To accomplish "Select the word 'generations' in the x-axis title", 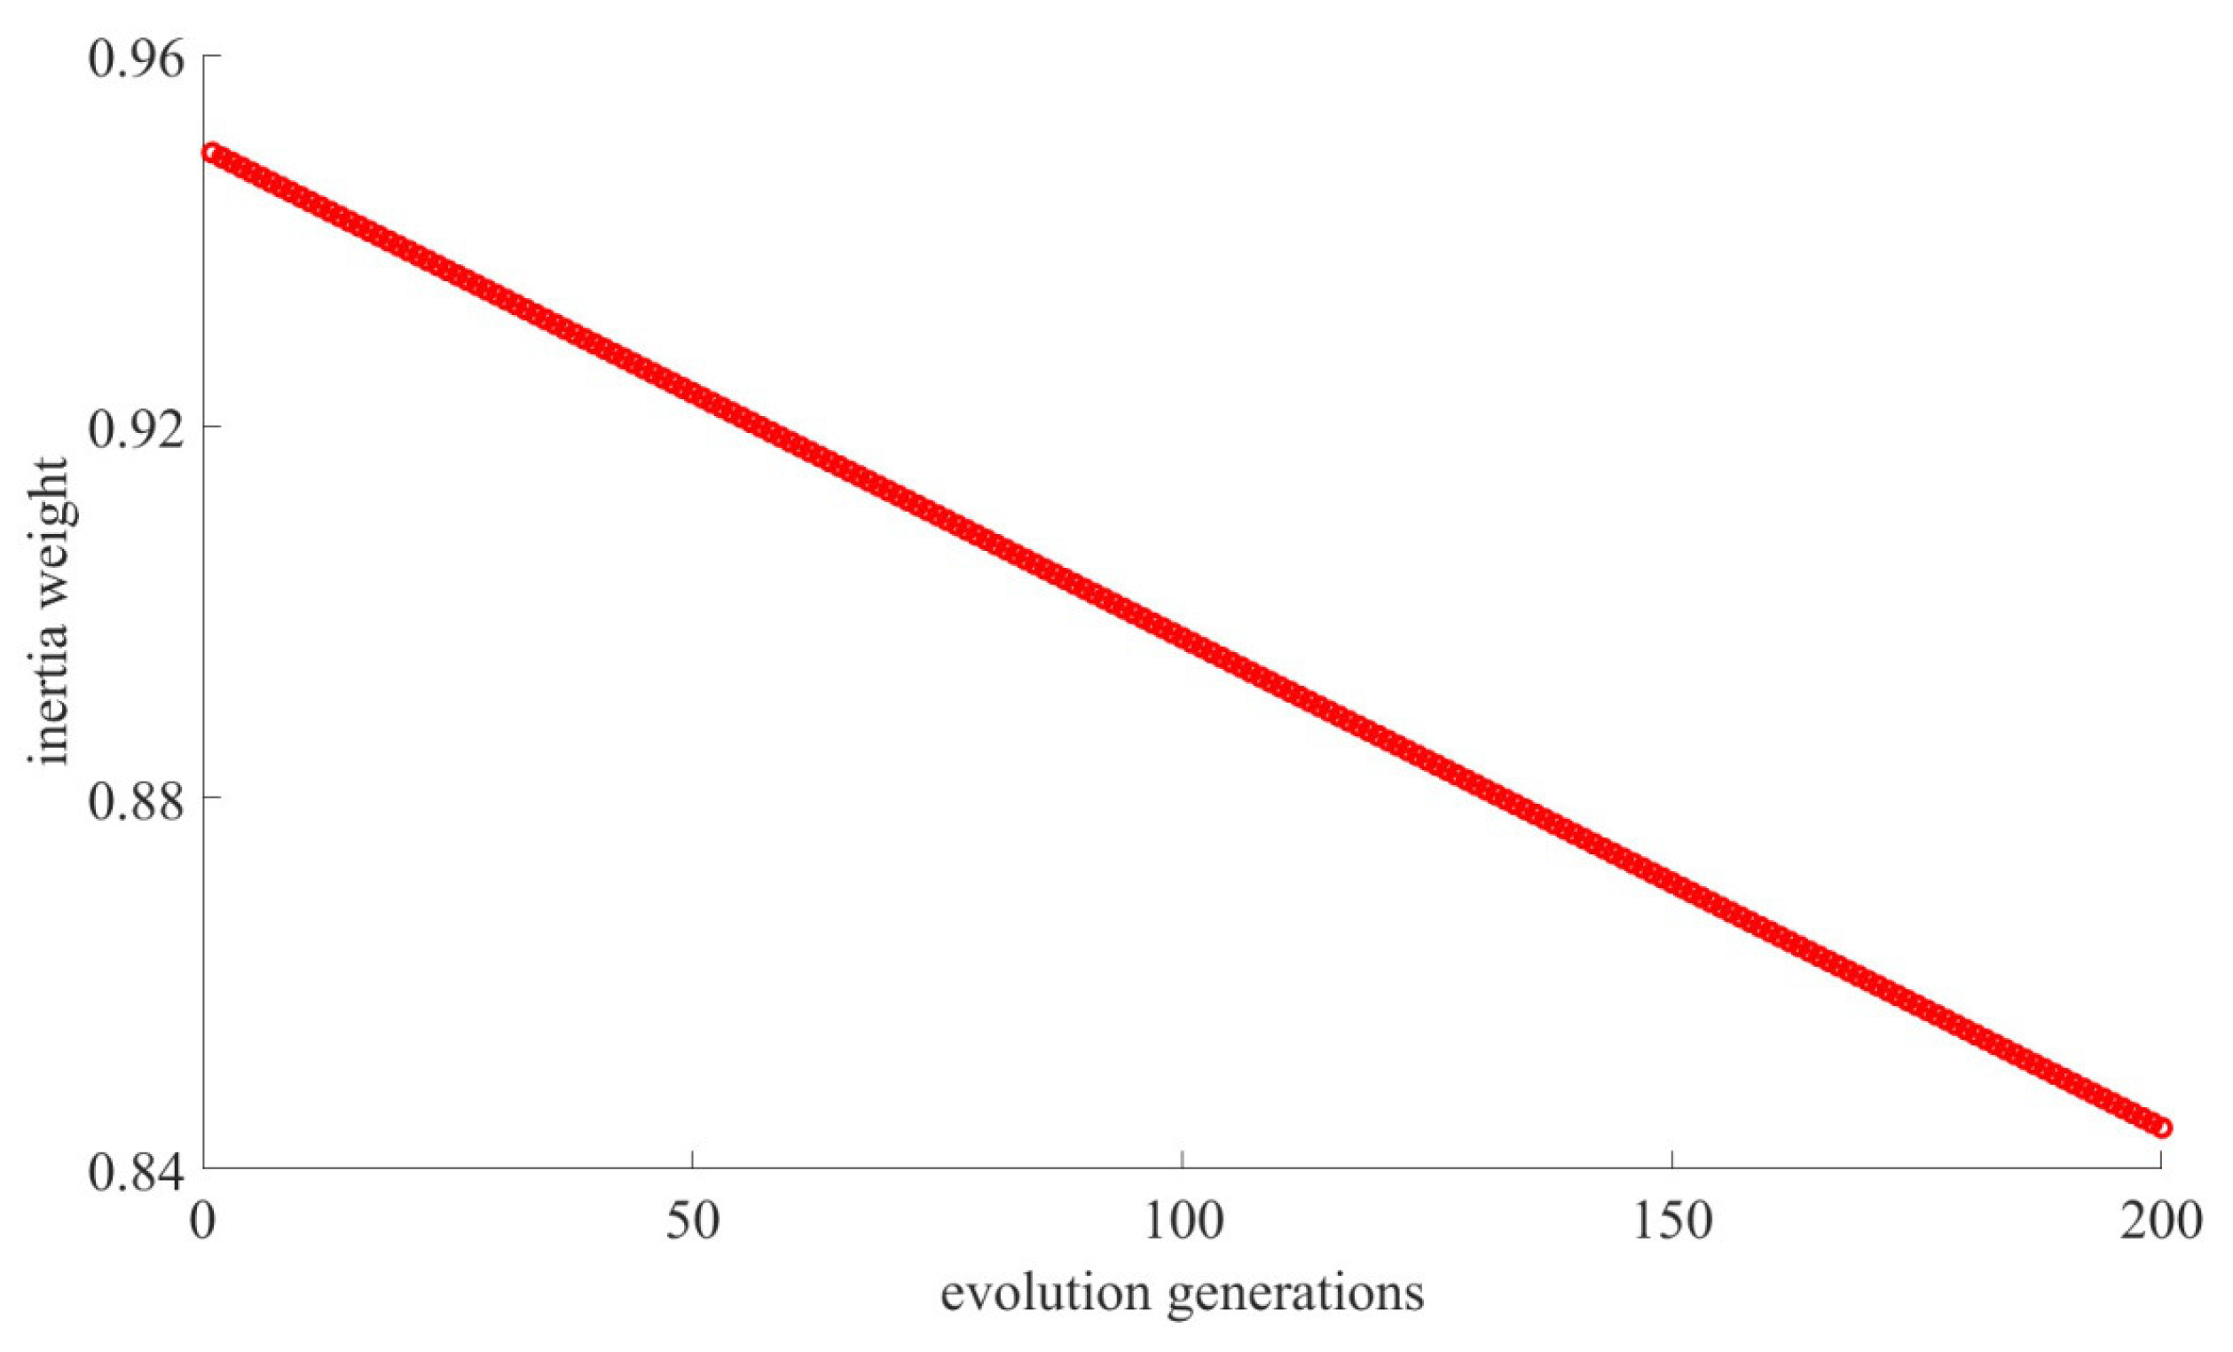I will tap(1295, 1294).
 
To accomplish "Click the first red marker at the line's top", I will tap(211, 153).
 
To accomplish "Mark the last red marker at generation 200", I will tap(2163, 1128).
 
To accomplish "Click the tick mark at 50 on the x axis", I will tap(692, 1159).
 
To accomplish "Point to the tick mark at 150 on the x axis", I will tap(1672, 1159).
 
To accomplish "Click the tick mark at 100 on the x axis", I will tap(1183, 1159).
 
